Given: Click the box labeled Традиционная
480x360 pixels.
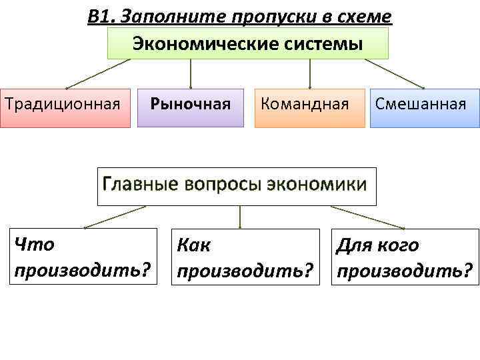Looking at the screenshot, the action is (65, 107).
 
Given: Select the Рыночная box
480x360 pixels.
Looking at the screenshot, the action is (191, 106).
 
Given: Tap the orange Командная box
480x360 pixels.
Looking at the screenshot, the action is (309, 107).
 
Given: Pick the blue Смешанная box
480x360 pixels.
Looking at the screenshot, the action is (424, 107).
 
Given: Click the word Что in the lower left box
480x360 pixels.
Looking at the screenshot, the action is (34, 245).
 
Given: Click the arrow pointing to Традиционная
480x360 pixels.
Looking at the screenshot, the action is (97, 73).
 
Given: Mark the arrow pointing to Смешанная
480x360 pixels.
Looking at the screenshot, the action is (395, 73).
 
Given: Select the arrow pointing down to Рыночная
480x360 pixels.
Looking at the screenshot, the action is (191, 73).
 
